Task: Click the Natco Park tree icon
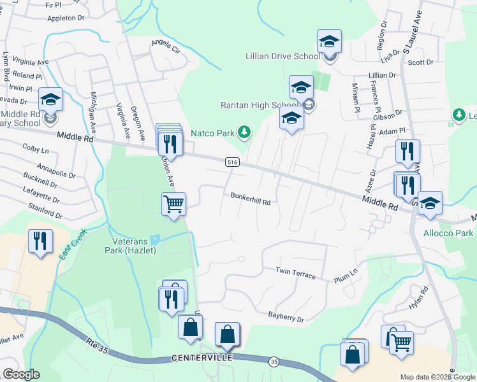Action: click(x=244, y=132)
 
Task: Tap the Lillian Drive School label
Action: click(x=283, y=56)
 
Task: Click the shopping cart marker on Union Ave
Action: click(x=173, y=205)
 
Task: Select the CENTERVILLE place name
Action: click(x=202, y=358)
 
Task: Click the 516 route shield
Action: click(x=233, y=164)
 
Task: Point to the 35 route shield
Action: click(x=274, y=362)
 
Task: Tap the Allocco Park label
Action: click(x=448, y=234)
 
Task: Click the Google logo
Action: click(x=20, y=374)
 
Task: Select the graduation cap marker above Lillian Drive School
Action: click(x=329, y=41)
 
